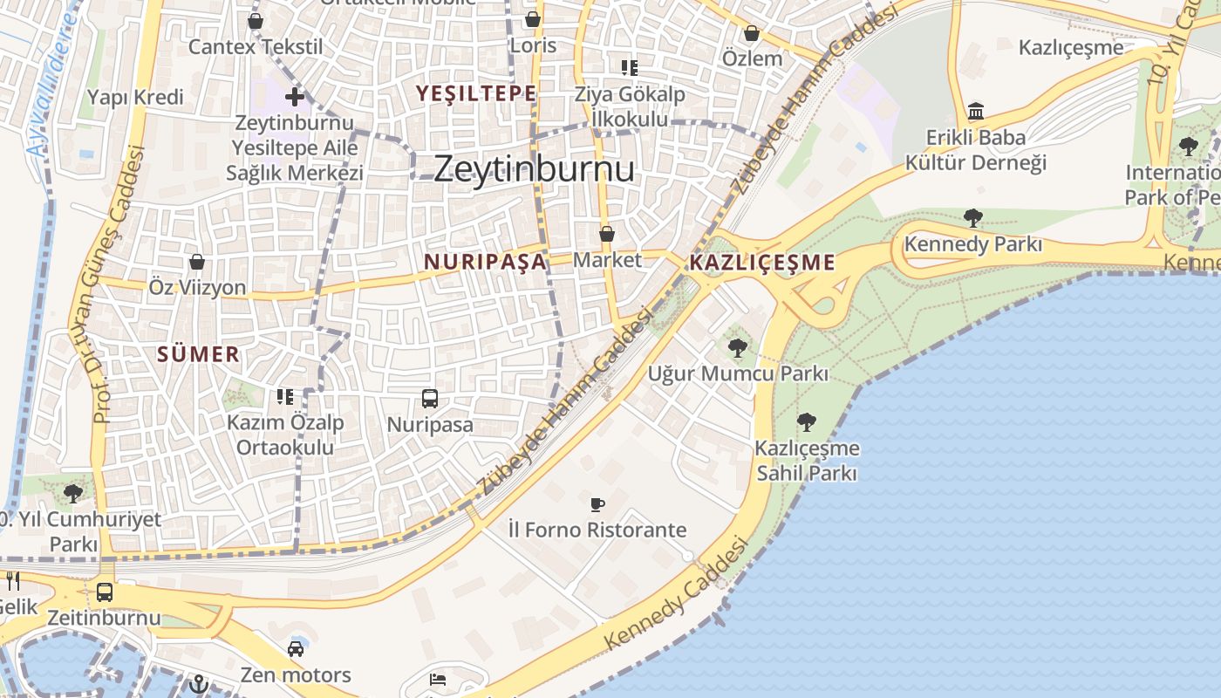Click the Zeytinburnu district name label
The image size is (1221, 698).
point(534,168)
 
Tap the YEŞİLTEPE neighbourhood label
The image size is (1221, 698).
point(476,93)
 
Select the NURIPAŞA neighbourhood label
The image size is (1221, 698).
point(486,261)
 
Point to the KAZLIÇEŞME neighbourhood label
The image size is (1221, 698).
point(762,263)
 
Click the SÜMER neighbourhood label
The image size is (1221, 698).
point(199,354)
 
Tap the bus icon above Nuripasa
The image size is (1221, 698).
point(430,399)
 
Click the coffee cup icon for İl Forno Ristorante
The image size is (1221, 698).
point(597,504)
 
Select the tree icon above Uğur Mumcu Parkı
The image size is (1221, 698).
point(738,348)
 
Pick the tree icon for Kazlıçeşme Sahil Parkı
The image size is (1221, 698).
point(807,422)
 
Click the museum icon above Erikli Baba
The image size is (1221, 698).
point(976,112)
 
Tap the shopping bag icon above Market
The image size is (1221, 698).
point(607,234)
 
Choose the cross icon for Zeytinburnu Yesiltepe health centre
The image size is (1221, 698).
point(295,97)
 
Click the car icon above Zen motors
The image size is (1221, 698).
point(296,648)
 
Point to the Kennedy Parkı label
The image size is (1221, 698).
point(973,244)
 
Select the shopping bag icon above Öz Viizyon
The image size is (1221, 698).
point(197,262)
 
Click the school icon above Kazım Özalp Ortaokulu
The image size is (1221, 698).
point(285,397)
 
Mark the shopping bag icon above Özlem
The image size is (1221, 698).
point(752,34)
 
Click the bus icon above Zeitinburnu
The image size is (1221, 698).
point(105,592)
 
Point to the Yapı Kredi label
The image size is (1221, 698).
point(136,97)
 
